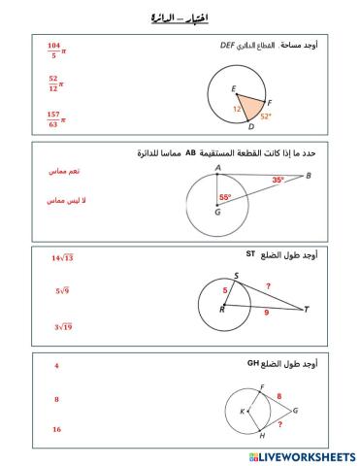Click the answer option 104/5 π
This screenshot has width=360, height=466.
tap(54, 50)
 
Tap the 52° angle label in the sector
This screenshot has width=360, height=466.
tap(265, 116)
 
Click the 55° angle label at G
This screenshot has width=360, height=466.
tap(225, 197)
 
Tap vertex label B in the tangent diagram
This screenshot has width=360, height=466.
tap(308, 176)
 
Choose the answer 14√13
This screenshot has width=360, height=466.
tap(63, 258)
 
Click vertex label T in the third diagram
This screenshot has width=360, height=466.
tap(306, 310)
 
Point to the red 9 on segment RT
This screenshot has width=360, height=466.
tap(267, 314)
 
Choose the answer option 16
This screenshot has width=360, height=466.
tap(57, 429)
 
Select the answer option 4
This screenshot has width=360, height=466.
tap(57, 366)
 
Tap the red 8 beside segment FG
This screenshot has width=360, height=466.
tap(279, 396)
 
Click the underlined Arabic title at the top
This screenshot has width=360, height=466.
tap(180, 17)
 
